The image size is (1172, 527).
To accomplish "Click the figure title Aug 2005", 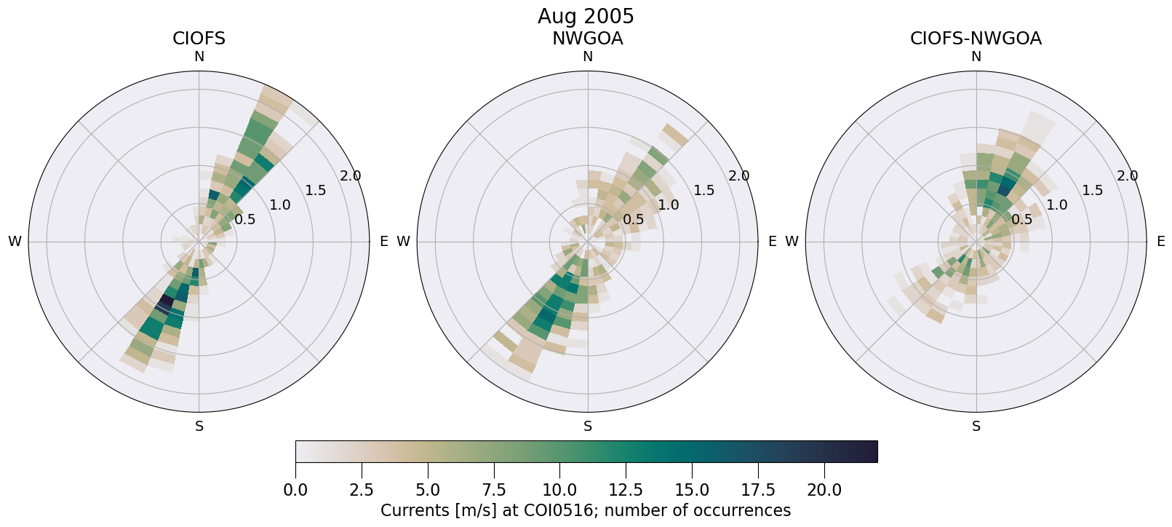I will (x=586, y=16).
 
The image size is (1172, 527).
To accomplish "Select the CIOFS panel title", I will (x=199, y=39).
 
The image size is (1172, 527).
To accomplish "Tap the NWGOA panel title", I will (x=587, y=39).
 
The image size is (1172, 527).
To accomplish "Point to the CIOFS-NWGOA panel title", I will (x=976, y=39).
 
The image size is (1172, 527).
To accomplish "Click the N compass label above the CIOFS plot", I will (x=199, y=57).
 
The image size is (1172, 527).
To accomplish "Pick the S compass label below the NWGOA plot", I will (x=587, y=427).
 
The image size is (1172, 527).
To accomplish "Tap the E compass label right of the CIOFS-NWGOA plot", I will (x=1160, y=242).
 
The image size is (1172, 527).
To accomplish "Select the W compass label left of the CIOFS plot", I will (x=15, y=242).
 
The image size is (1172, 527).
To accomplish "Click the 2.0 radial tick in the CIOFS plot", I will (x=351, y=175).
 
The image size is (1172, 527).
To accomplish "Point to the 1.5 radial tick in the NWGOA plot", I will (x=703, y=191).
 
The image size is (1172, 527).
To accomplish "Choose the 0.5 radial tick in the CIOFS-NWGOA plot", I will (x=1021, y=220).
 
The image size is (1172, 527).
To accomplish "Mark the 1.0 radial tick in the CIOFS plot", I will (x=279, y=205).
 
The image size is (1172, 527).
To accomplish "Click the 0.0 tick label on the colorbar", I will (x=295, y=490).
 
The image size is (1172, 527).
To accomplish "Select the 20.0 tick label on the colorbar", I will (x=824, y=490).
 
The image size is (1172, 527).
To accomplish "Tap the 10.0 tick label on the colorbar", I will (x=559, y=490).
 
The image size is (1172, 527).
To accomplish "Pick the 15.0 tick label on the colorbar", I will (x=692, y=490).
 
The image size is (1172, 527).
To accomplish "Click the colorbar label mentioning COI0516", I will (x=586, y=510).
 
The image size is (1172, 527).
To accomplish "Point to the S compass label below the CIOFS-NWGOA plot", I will (x=976, y=427).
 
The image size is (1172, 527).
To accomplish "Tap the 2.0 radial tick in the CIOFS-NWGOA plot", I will (x=1128, y=175).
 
